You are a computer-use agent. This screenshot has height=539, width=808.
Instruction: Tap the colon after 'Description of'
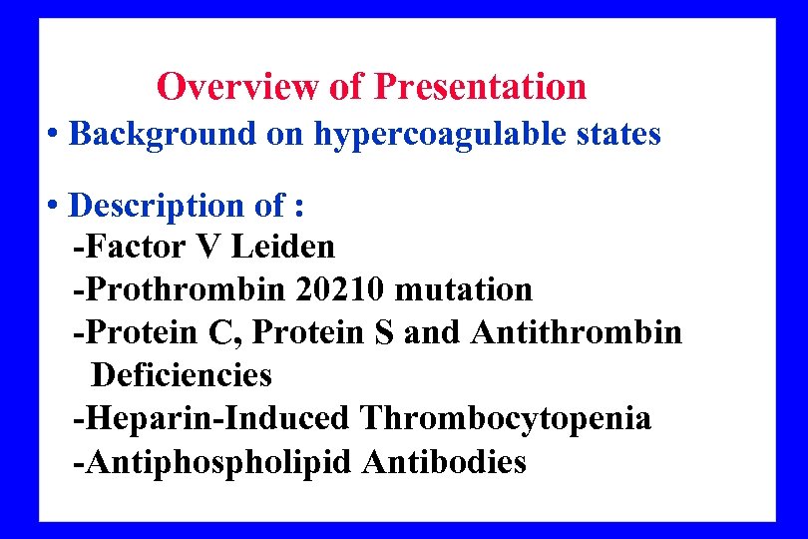(x=299, y=208)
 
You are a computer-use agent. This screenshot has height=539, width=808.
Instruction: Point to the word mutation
(x=464, y=289)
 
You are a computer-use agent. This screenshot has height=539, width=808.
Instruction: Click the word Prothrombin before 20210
(x=180, y=289)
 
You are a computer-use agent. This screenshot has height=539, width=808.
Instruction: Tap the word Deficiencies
(x=182, y=375)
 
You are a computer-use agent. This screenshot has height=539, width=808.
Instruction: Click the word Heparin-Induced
(x=211, y=418)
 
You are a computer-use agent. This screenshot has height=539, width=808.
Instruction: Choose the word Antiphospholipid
(x=213, y=462)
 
